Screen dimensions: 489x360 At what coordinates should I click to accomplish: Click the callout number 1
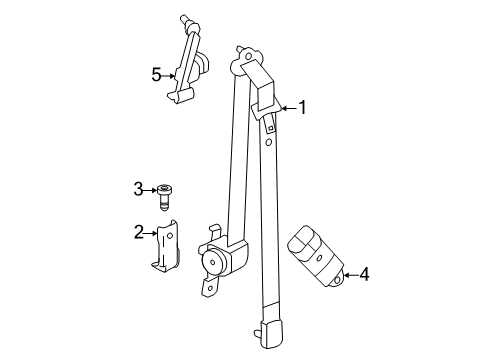300,109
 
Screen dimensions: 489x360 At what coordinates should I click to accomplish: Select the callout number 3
139,188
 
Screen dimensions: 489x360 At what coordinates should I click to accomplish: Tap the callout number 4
364,273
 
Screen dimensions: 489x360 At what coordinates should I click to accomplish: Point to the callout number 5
155,73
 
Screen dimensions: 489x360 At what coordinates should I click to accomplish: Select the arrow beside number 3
152,188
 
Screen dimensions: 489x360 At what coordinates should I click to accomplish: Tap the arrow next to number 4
348,273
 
